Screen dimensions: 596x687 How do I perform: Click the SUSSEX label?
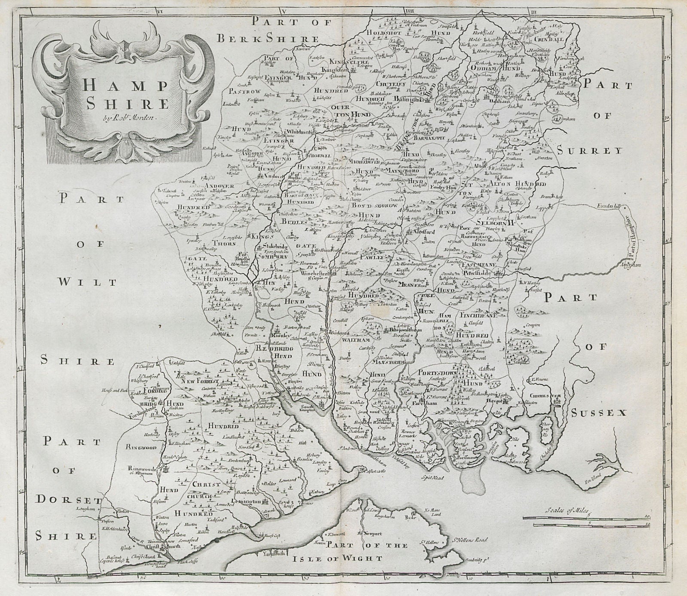click(599, 413)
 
